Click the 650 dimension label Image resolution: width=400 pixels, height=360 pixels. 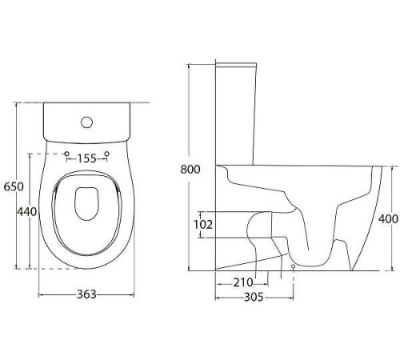click(x=14, y=186)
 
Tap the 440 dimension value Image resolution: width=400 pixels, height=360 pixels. click(x=27, y=212)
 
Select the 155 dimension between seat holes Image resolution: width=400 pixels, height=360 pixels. click(x=87, y=158)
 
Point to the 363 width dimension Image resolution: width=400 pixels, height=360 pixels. click(x=86, y=294)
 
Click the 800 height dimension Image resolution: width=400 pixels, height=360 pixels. click(x=190, y=170)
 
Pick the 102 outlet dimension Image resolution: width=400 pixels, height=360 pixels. click(x=203, y=225)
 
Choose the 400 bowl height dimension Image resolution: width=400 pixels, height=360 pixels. click(x=389, y=219)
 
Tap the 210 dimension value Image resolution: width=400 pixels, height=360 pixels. click(x=243, y=282)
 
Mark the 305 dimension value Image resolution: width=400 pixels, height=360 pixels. click(x=254, y=297)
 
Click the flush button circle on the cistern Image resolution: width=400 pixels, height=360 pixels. click(x=87, y=122)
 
